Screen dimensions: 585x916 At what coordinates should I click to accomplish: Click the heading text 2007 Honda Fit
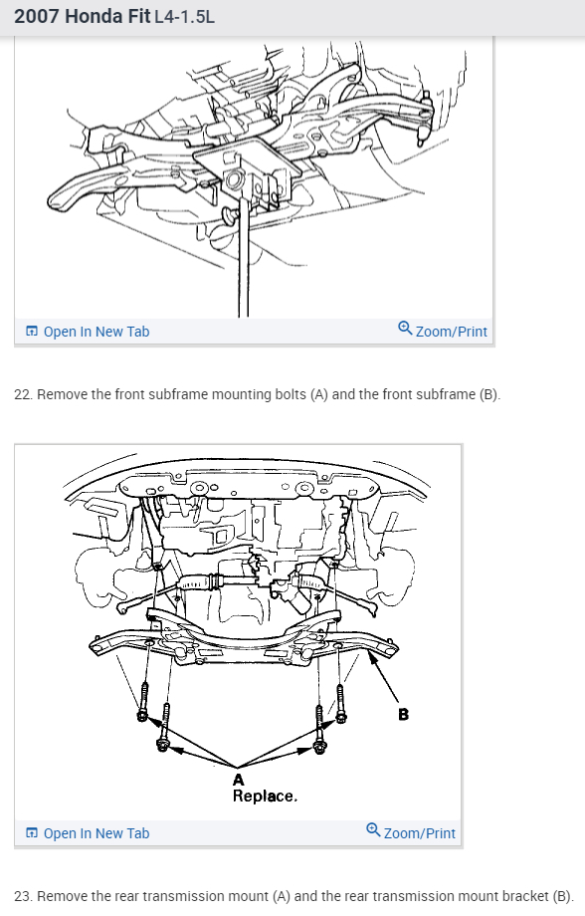click(83, 16)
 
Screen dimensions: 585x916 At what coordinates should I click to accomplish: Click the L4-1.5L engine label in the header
click(184, 17)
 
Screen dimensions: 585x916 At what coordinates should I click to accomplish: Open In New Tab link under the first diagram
click(88, 332)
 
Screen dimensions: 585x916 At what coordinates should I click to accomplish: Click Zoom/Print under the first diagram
click(443, 331)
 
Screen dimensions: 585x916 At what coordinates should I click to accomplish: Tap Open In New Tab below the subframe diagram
click(88, 833)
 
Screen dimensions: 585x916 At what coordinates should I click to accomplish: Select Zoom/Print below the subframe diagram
click(411, 832)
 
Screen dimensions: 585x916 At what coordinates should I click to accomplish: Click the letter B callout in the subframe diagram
click(403, 714)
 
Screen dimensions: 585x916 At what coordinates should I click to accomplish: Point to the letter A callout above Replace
click(238, 780)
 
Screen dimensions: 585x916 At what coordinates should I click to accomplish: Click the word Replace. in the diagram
click(265, 797)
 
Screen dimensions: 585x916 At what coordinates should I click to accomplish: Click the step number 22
click(23, 395)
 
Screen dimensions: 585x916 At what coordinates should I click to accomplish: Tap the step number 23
click(23, 896)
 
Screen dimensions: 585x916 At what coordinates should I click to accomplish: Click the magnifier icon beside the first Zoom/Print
click(405, 328)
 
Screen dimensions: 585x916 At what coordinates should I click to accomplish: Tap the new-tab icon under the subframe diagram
click(32, 833)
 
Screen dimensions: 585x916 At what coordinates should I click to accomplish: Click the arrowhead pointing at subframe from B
click(371, 655)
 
